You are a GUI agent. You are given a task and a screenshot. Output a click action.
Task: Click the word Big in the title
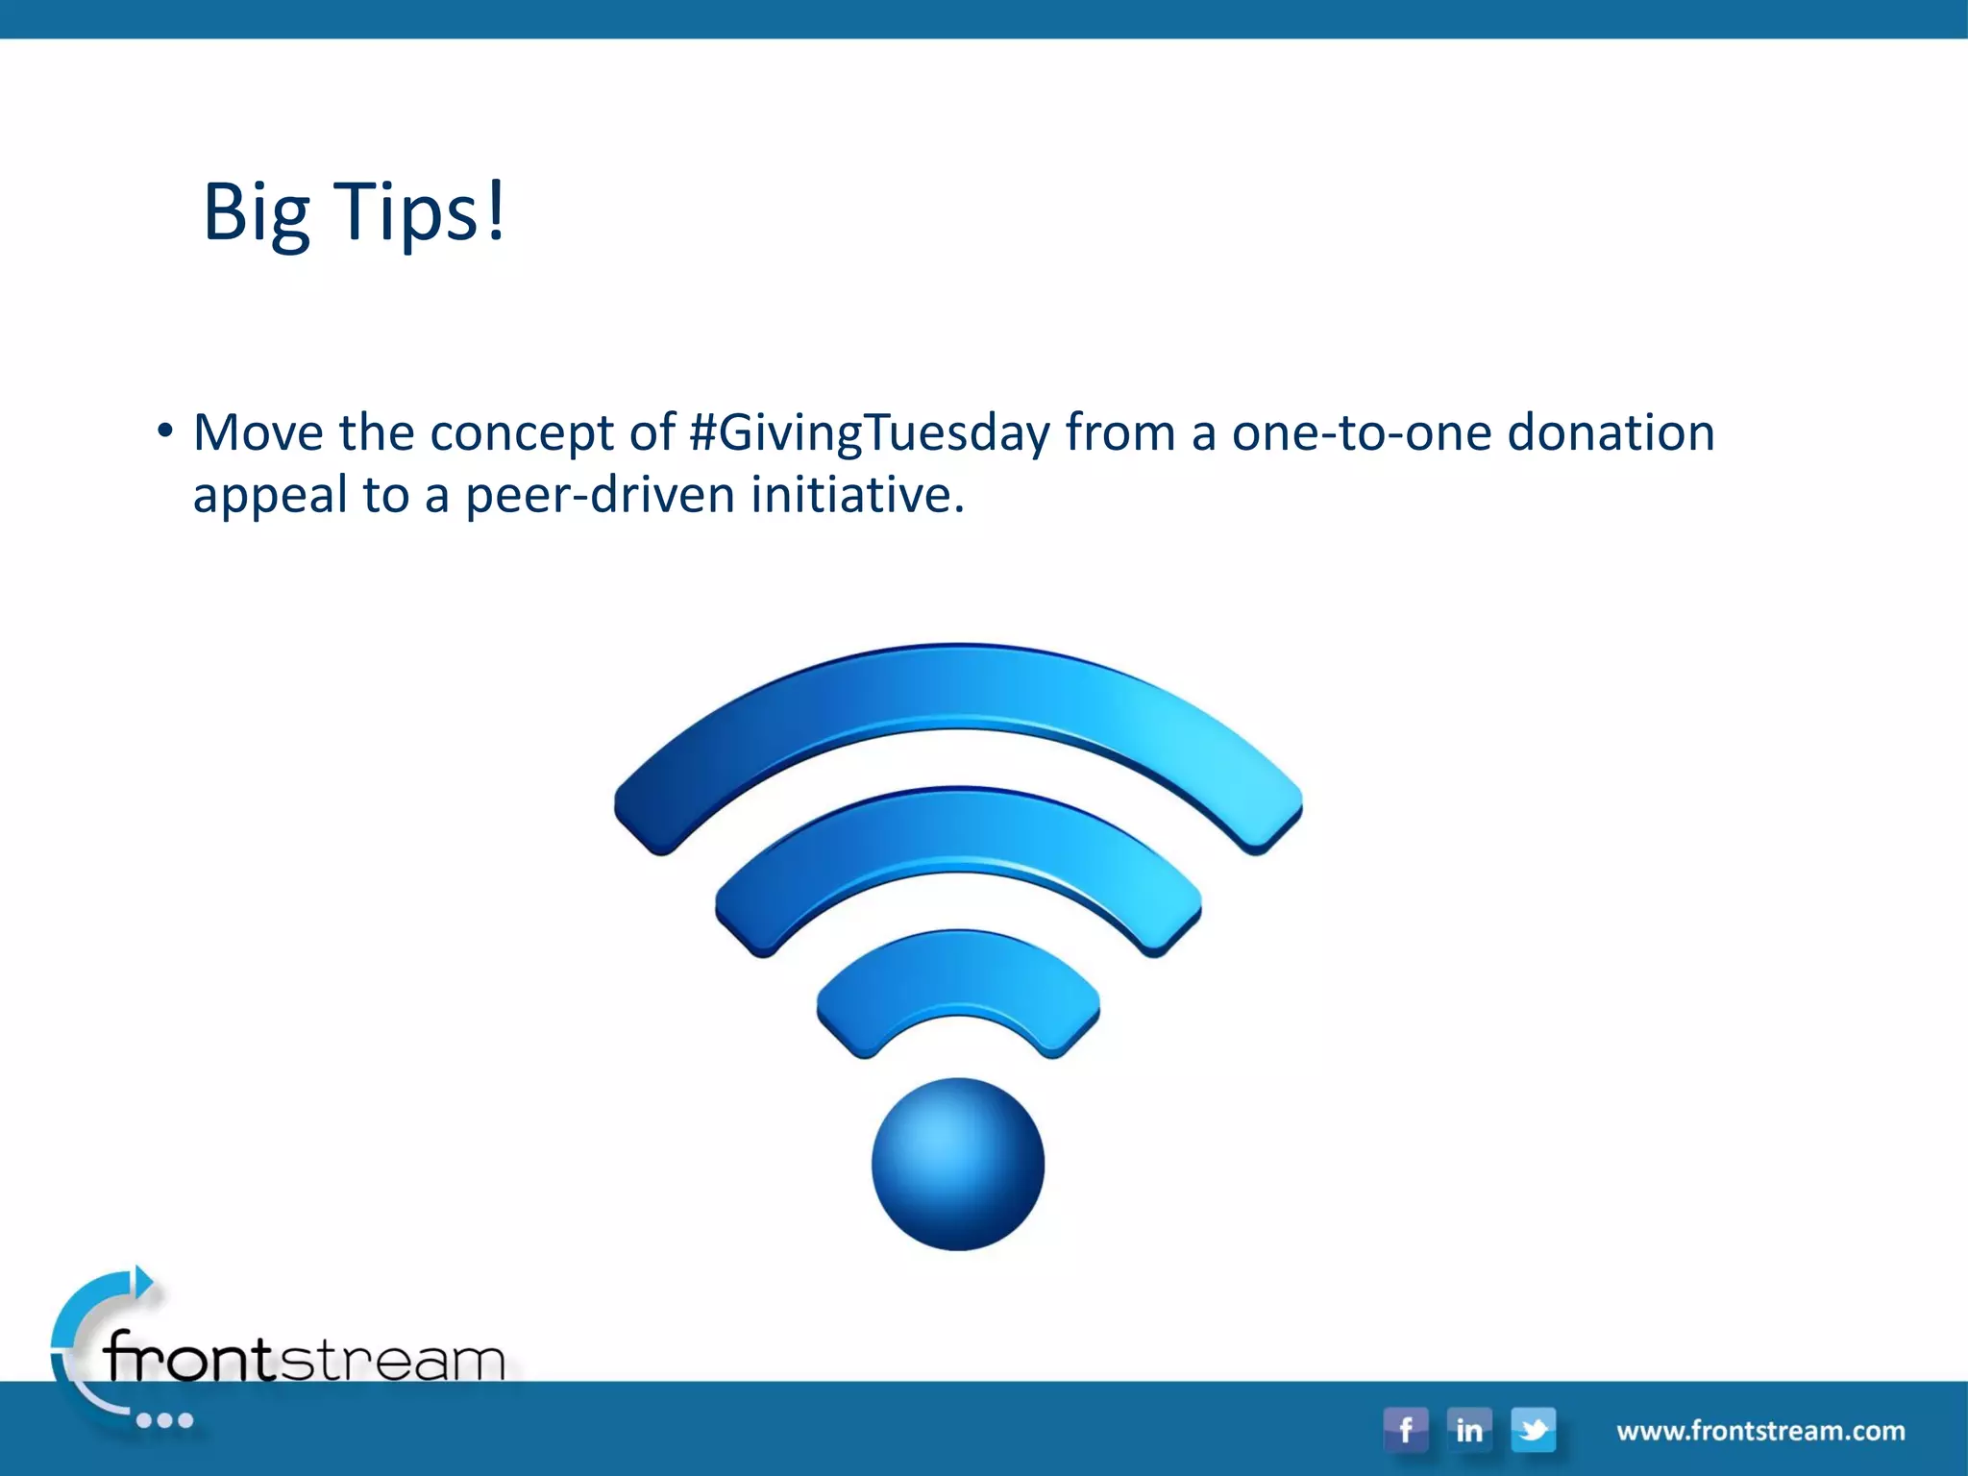click(x=256, y=213)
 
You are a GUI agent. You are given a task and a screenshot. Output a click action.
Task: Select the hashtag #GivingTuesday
click(x=871, y=433)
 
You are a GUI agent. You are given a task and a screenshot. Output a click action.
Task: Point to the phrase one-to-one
click(x=1362, y=433)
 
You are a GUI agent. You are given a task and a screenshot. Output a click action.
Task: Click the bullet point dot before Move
click(x=165, y=431)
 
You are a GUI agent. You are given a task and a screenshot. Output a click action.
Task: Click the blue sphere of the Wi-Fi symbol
click(x=958, y=1164)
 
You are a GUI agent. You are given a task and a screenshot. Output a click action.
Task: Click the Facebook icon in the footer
click(x=1406, y=1430)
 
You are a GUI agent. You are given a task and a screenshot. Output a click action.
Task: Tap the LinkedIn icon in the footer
click(x=1469, y=1430)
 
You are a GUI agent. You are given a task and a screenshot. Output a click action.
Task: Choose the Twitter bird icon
click(x=1534, y=1430)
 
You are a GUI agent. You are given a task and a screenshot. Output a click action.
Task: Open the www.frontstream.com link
click(x=1760, y=1431)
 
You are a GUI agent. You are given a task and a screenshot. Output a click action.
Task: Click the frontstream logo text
click(x=304, y=1359)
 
